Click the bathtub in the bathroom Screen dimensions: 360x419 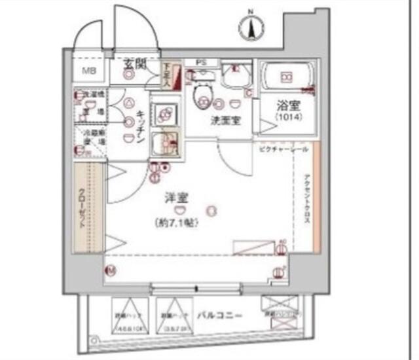(287, 77)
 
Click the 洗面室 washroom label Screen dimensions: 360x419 (223, 121)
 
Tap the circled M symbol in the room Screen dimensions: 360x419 (112, 269)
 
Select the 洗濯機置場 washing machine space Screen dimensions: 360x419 (90, 104)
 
